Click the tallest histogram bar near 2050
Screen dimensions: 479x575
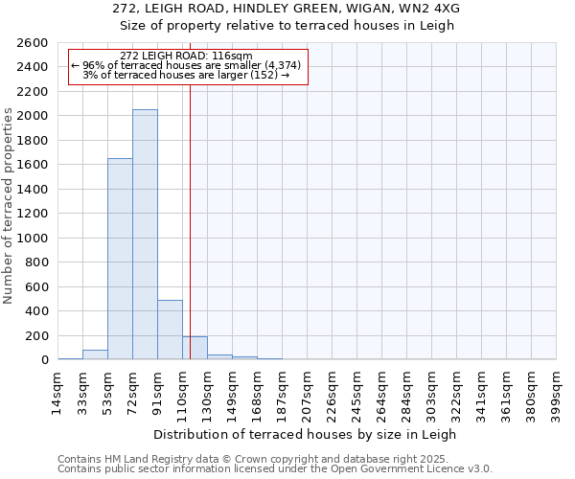[x=145, y=235]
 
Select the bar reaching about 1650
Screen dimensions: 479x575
[x=120, y=259]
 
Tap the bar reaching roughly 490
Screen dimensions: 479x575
[x=170, y=330]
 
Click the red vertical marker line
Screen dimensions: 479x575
[x=191, y=220]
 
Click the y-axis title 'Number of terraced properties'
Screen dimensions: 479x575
[x=9, y=206]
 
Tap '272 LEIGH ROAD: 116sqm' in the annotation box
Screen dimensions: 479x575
[x=187, y=56]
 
